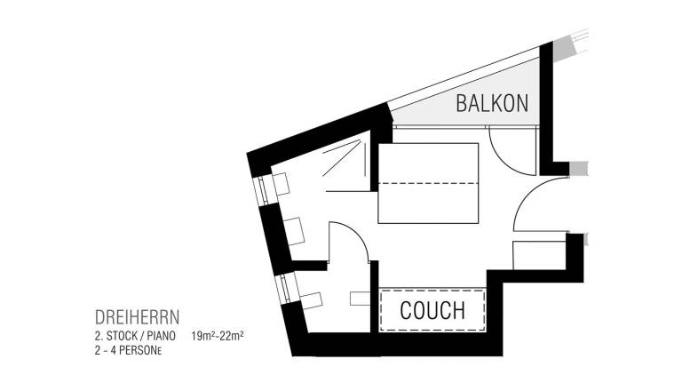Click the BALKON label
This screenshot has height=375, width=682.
click(x=492, y=104)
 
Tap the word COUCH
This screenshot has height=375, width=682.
click(x=432, y=310)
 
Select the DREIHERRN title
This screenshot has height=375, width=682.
click(x=137, y=317)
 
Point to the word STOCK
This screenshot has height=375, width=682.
click(x=123, y=336)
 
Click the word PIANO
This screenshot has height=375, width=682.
click(x=161, y=336)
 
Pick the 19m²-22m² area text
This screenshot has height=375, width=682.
click(x=217, y=336)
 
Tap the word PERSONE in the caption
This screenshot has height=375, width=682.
click(x=140, y=350)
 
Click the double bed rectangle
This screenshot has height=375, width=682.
click(x=428, y=183)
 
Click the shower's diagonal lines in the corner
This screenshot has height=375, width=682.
click(x=341, y=157)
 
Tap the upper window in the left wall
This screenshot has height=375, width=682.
click(x=262, y=190)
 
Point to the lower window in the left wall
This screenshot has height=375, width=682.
click(x=285, y=289)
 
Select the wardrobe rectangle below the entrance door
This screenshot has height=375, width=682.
click(x=540, y=255)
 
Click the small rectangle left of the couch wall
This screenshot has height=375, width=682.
click(x=361, y=299)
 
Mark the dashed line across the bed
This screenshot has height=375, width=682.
click(x=428, y=183)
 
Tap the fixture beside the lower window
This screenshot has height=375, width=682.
click(x=311, y=300)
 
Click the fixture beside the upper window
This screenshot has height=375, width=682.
click(x=281, y=184)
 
